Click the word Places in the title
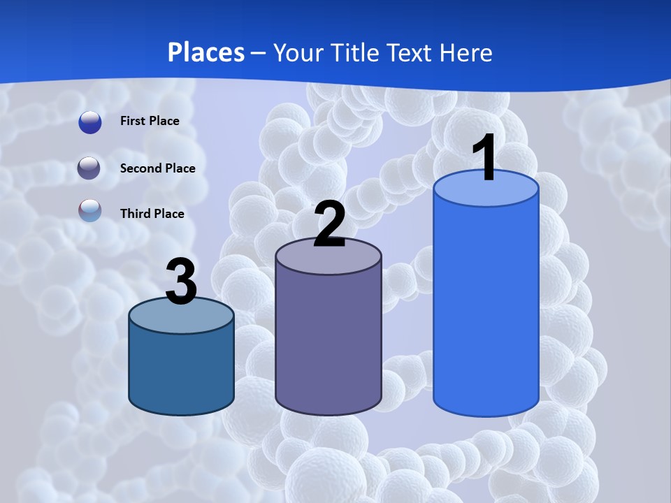[206, 52]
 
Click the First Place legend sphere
[90, 122]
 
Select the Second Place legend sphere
[90, 168]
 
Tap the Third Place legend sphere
[90, 211]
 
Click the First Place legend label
[150, 121]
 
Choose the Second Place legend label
[157, 168]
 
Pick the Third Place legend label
[152, 214]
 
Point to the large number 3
[182, 281]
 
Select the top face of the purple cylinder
[329, 257]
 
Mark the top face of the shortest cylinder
[182, 316]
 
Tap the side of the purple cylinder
[329, 342]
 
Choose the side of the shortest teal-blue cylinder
[182, 370]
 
